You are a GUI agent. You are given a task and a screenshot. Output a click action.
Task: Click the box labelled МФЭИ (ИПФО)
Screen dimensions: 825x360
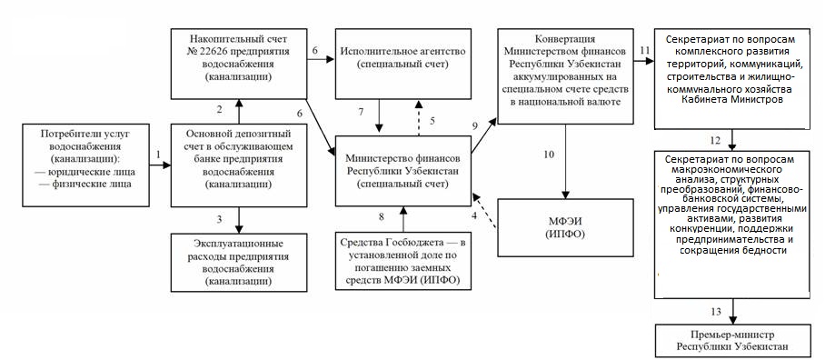[565, 227]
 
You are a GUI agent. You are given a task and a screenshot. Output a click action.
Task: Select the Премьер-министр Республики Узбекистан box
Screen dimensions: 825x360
[732, 341]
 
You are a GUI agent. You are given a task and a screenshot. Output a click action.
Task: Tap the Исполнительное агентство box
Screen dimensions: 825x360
[403, 64]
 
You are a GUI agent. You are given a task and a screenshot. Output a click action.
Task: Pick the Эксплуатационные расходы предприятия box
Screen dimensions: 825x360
[239, 262]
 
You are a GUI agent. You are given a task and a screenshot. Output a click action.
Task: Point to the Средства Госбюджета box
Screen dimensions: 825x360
[403, 262]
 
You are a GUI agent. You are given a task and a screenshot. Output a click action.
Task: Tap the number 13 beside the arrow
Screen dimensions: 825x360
[716, 312]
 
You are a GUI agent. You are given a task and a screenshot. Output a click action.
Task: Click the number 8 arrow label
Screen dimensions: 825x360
[382, 215]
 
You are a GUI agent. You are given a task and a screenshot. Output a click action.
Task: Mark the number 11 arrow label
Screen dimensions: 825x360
[646, 51]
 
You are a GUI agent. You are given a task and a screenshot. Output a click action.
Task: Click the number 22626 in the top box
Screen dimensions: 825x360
[212, 52]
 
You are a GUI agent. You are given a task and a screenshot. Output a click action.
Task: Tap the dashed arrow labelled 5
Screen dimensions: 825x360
[419, 118]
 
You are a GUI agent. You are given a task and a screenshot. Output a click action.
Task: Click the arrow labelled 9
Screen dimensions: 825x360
[484, 136]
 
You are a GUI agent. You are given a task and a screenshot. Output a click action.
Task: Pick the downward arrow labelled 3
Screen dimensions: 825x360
[239, 220]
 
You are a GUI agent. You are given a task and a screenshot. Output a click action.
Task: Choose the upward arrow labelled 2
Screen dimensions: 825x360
[239, 112]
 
